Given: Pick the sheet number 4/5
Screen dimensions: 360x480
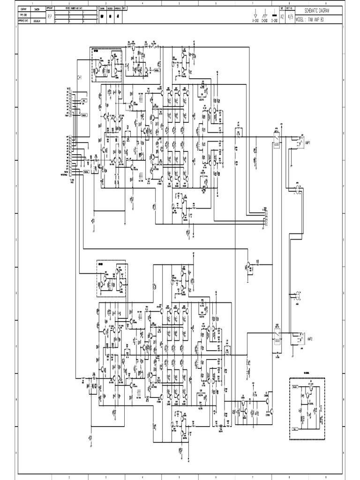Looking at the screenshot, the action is pos(290,15).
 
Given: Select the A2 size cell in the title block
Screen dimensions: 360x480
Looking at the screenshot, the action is pos(282,15).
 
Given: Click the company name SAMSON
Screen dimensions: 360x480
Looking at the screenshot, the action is pos(36,9).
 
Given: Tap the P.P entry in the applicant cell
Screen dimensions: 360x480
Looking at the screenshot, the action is pos(50,15).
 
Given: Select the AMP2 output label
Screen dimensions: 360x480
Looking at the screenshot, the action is pos(309,337).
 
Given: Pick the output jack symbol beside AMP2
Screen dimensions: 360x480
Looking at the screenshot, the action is pos(298,337).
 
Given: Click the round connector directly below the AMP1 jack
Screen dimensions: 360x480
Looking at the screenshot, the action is pos(297,189).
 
